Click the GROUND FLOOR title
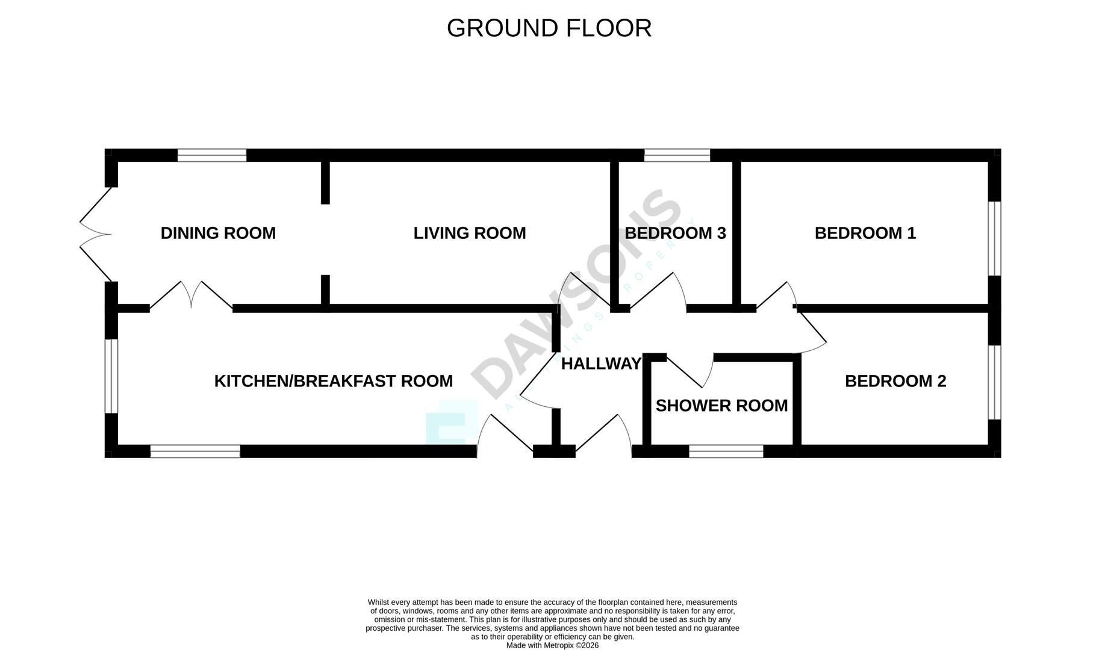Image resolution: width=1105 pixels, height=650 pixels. coord(549,28)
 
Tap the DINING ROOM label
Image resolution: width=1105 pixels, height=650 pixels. coord(218,233)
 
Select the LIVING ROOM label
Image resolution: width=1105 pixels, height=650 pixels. coord(470,233)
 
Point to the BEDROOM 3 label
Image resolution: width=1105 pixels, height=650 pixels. coord(675,233)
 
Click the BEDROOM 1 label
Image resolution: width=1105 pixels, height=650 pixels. coord(865,233)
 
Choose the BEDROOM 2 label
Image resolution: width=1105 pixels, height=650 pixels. coord(895,381)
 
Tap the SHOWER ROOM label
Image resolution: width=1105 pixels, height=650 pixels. coord(721,406)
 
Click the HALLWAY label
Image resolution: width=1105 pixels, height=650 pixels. coord(601,364)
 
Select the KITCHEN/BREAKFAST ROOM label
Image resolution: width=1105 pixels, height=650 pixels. coord(334,381)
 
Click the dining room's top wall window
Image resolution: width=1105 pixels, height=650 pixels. coord(212,155)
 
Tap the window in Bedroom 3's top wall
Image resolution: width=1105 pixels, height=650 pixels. coord(677,155)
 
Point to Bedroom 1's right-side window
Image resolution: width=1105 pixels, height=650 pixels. coord(995,238)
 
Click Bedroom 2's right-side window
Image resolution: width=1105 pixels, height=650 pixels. coord(995,382)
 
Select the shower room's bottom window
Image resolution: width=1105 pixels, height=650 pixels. coord(726,451)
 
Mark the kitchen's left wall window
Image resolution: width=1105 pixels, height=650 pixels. coord(111,376)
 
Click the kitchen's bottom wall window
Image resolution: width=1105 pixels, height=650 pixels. coord(195,451)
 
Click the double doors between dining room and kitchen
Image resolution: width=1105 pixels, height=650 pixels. coord(191,295)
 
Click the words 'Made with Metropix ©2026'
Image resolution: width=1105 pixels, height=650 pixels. coord(552,645)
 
